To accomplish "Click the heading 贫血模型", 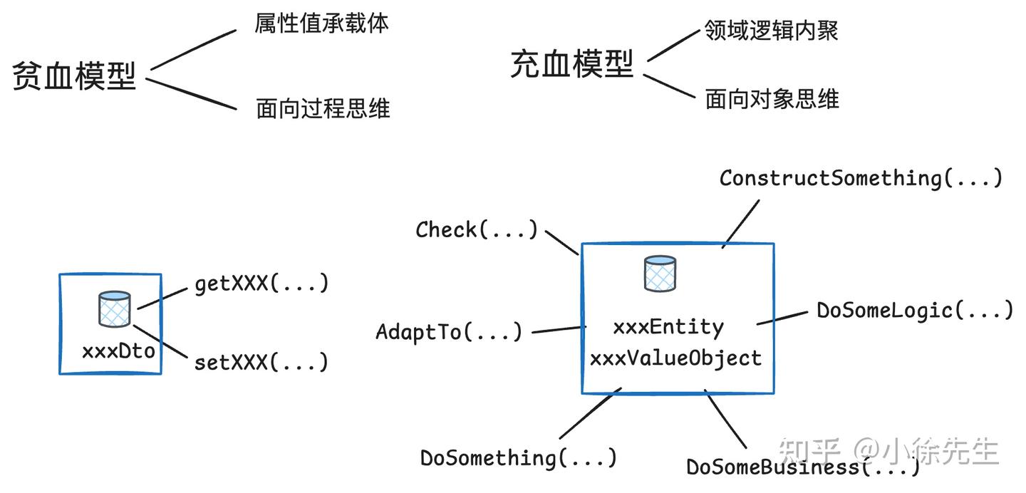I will coord(74,76).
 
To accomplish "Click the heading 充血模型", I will coord(572,65).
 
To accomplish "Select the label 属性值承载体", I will coord(322,24).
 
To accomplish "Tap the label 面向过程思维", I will coord(323,109).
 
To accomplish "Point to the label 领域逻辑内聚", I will coord(772,30).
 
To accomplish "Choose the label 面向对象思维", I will coord(772,99).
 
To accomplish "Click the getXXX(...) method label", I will coord(261,284).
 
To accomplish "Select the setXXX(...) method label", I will coord(261,362).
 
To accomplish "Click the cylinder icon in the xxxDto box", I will coord(114,309).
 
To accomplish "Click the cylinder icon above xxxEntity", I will coord(660,274).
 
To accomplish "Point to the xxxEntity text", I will coord(668,327).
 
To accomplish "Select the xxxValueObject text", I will coord(675,358).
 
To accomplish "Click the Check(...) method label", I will coord(477,229).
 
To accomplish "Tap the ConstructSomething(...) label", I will coord(861,177).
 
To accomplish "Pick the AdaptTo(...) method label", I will coord(449,332).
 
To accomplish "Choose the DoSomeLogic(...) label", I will coord(914,311).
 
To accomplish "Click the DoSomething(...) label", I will coord(518,457).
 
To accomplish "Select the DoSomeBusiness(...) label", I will coord(802,467).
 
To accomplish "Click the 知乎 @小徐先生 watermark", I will coord(888,451).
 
